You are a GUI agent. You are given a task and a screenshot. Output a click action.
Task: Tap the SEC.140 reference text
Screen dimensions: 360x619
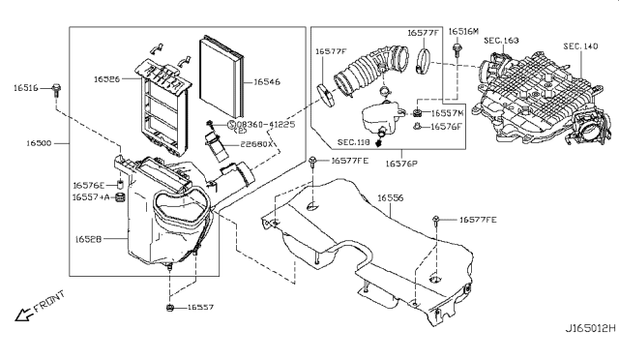point(581,45)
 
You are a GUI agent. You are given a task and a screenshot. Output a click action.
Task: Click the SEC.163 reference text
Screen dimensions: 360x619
point(499,42)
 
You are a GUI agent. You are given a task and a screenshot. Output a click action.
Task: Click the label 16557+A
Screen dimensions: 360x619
point(90,197)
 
